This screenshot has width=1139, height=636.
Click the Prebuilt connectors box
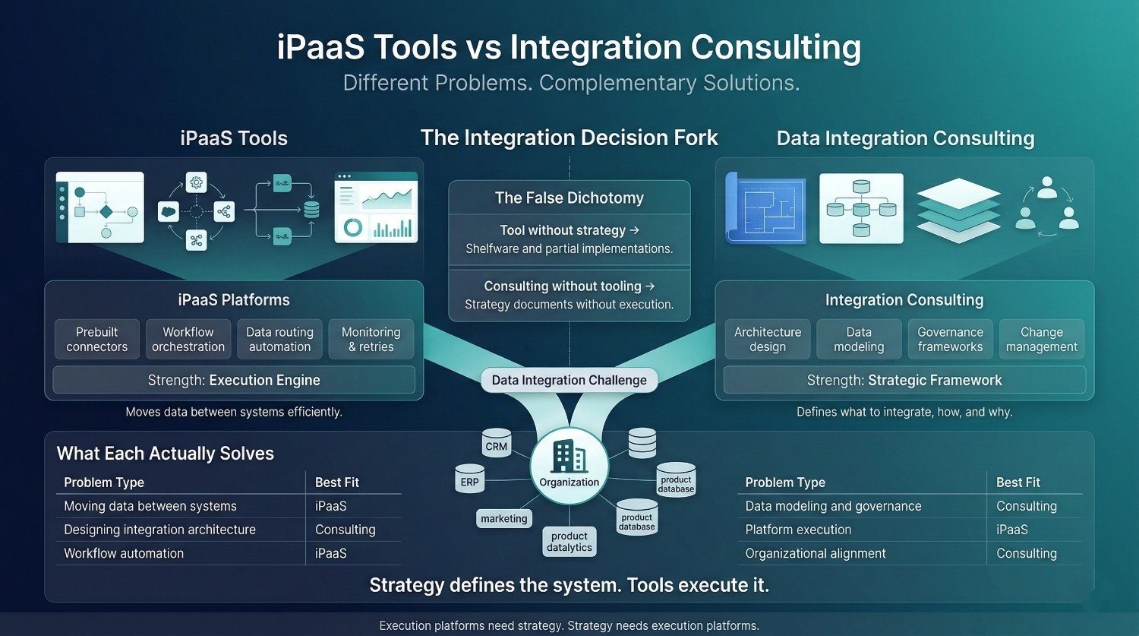pyautogui.click(x=96, y=340)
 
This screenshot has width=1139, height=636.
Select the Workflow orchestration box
pyautogui.click(x=188, y=340)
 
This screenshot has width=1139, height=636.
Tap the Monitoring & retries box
pyautogui.click(x=371, y=340)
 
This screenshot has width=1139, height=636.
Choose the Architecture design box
pyautogui.click(x=768, y=340)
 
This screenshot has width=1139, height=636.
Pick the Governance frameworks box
pyautogui.click(x=951, y=340)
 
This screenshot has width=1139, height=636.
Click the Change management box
pyautogui.click(x=1042, y=340)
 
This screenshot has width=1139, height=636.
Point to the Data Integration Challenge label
pyautogui.click(x=569, y=380)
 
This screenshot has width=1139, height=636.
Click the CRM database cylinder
pyautogui.click(x=497, y=443)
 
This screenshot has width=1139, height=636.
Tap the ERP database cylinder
pyautogui.click(x=469, y=478)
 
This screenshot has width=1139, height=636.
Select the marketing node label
pyautogui.click(x=504, y=518)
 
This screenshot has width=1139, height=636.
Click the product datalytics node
pyautogui.click(x=569, y=541)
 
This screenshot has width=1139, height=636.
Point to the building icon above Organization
pyautogui.click(x=569, y=457)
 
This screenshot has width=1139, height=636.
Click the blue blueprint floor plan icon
pyautogui.click(x=765, y=208)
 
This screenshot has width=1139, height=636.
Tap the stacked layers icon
pyautogui.click(x=958, y=210)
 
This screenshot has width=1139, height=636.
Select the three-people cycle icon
pyautogui.click(x=1047, y=207)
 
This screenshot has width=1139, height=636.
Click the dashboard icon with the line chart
pyautogui.click(x=377, y=207)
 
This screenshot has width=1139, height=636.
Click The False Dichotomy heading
pyautogui.click(x=569, y=198)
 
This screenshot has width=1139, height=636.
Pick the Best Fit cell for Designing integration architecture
pyautogui.click(x=345, y=530)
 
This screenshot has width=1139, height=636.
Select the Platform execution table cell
pyautogui.click(x=798, y=530)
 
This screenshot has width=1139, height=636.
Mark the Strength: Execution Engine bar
pyautogui.click(x=234, y=380)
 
